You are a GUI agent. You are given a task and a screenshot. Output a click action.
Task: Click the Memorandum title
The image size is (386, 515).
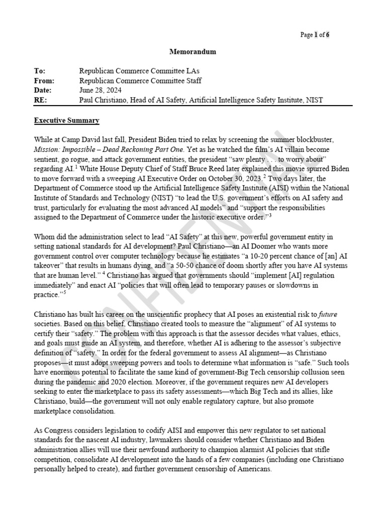(x=192, y=51)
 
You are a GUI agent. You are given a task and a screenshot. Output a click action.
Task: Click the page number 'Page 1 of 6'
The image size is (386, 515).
(x=315, y=35)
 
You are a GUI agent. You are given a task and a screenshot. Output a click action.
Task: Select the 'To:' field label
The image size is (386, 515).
(x=39, y=71)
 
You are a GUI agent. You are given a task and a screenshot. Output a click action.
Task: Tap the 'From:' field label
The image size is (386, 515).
(x=44, y=80)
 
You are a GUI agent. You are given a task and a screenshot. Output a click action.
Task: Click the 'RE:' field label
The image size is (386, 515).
(x=40, y=100)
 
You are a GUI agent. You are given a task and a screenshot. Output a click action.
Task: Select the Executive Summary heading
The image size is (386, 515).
(x=66, y=121)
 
